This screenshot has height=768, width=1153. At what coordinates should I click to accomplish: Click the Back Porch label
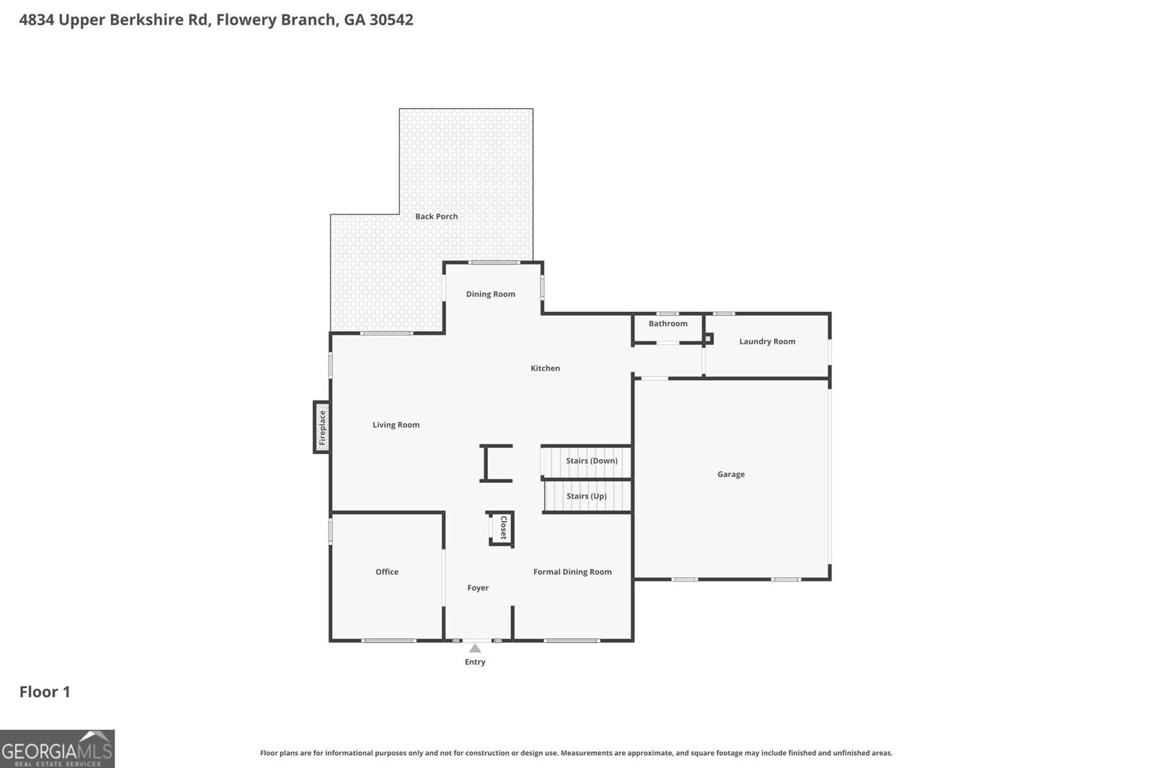tap(436, 216)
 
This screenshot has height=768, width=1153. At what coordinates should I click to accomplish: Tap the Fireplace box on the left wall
tap(322, 427)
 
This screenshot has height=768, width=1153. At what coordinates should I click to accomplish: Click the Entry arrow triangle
tap(475, 648)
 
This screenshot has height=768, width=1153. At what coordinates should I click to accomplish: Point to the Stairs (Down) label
tap(592, 461)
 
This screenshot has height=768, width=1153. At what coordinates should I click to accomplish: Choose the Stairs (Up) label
tap(586, 496)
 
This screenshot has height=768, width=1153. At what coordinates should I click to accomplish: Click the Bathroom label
tap(667, 323)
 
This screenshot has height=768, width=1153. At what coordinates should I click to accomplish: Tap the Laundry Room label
tap(767, 341)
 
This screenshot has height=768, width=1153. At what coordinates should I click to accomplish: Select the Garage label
tap(731, 474)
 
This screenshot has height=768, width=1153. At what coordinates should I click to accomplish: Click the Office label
tap(386, 572)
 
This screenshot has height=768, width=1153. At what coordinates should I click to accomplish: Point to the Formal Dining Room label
tap(572, 572)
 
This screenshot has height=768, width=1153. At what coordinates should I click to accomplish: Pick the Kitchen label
tap(545, 368)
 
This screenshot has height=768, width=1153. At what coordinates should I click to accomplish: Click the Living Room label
tap(396, 425)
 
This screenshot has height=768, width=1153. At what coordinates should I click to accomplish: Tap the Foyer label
tap(478, 588)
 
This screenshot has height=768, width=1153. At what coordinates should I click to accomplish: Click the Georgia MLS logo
tap(57, 749)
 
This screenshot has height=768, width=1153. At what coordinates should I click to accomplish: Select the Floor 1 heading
tap(45, 692)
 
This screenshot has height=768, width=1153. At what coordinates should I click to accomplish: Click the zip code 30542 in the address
tap(391, 20)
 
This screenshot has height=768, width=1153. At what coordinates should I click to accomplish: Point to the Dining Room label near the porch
tap(490, 294)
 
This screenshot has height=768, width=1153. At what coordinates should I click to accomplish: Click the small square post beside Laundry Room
tap(708, 338)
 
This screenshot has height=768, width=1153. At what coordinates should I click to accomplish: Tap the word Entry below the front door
tap(475, 662)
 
